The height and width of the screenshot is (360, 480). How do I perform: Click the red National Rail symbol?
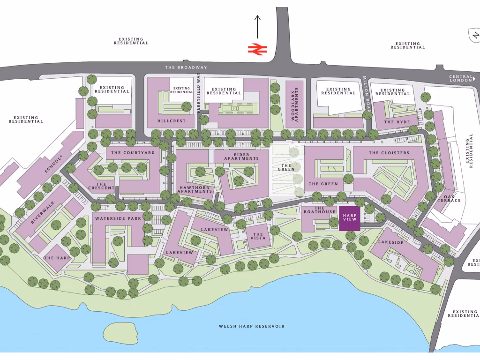pyautogui.click(x=257, y=49)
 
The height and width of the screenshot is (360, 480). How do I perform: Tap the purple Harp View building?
pyautogui.click(x=350, y=218)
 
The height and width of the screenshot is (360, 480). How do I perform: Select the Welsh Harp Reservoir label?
pyautogui.click(x=252, y=326)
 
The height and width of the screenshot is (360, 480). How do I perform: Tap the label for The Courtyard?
pyautogui.click(x=133, y=153)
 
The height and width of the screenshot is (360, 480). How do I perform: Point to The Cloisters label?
pyautogui.click(x=389, y=153)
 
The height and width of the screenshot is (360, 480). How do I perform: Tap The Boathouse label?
pyautogui.click(x=325, y=210)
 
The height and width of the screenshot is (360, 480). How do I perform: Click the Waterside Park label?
pyautogui.click(x=112, y=219)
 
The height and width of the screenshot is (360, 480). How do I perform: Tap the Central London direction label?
pyautogui.click(x=460, y=79)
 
